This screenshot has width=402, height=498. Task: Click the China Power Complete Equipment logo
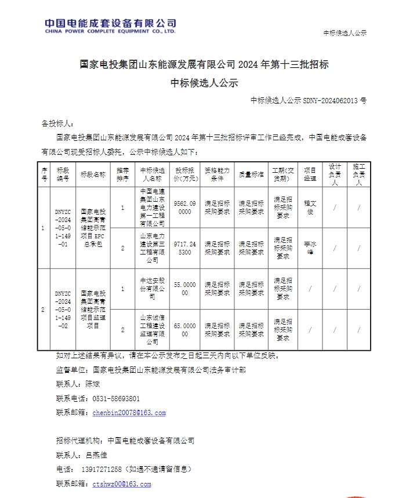(x=110, y=26)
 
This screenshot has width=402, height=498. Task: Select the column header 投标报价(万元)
(x=184, y=175)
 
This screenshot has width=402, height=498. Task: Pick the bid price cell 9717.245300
(x=184, y=248)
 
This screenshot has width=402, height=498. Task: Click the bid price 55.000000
(x=184, y=289)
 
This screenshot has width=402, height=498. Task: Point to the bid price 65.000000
(x=184, y=330)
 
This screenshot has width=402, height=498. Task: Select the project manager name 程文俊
(x=310, y=208)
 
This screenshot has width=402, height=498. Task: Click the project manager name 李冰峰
(x=310, y=248)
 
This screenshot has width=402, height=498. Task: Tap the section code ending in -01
(x=63, y=228)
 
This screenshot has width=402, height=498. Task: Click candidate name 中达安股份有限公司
(x=153, y=289)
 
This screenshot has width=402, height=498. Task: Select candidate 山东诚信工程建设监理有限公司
(x=153, y=330)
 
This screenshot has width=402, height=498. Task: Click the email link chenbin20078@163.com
(x=129, y=413)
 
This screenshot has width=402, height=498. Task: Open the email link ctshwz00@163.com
(x=121, y=484)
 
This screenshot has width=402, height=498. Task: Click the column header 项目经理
(x=310, y=175)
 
